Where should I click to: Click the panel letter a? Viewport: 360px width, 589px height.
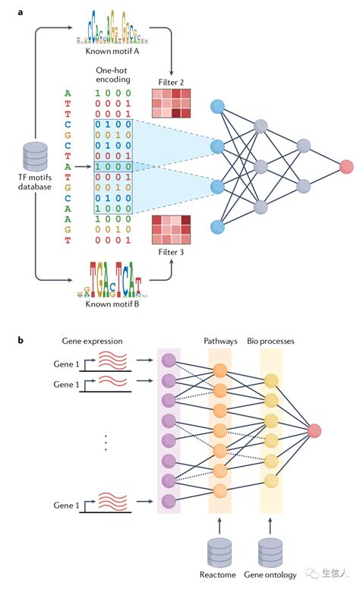click(21, 10)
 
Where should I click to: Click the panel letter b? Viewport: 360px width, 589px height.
click(21, 339)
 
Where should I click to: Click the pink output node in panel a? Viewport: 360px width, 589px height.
click(346, 165)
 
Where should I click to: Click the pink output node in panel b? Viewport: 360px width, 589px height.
click(315, 432)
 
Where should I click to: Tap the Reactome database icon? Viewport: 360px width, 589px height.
click(219, 551)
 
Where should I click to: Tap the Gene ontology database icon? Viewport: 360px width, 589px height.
click(272, 551)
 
